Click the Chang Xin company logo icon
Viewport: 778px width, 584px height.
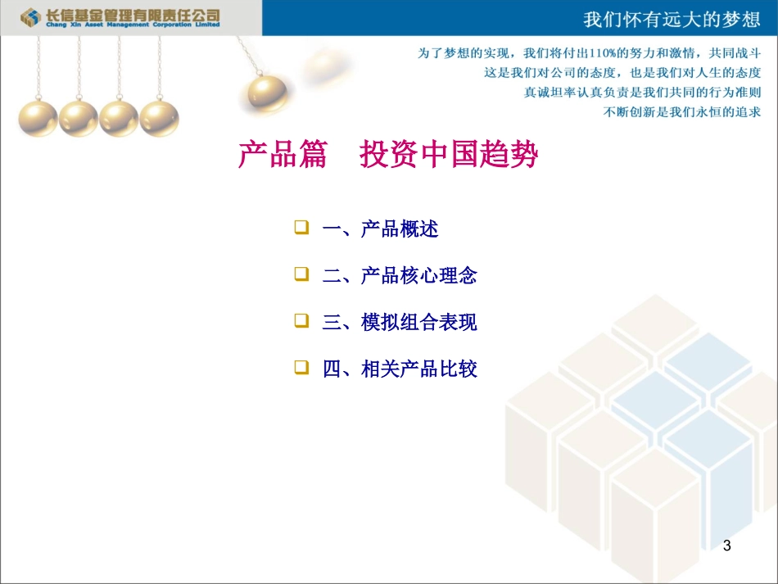(30, 16)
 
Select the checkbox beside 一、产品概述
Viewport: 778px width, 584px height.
(301, 227)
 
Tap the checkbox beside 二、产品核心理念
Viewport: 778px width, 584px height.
(301, 274)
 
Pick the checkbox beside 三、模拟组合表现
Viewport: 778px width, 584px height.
(301, 320)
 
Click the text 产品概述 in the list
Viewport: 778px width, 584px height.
(400, 229)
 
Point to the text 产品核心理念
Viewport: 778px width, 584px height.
(418, 275)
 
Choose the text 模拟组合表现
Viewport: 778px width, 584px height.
(418, 322)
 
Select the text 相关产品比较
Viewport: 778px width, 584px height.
(418, 369)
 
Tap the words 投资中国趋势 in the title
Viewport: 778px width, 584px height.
(449, 154)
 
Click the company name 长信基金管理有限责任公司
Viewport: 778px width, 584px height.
(131, 14)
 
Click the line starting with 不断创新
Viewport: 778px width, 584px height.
(682, 111)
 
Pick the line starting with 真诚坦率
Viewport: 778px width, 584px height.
(643, 92)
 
